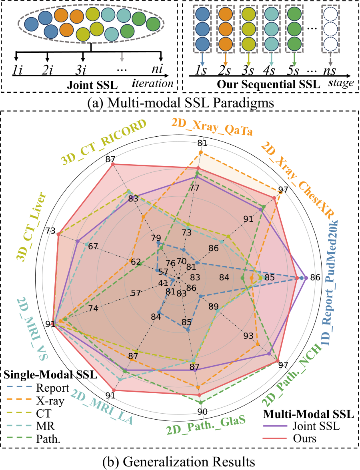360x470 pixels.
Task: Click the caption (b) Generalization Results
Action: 179,462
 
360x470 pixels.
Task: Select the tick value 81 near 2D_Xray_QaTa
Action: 202,143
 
